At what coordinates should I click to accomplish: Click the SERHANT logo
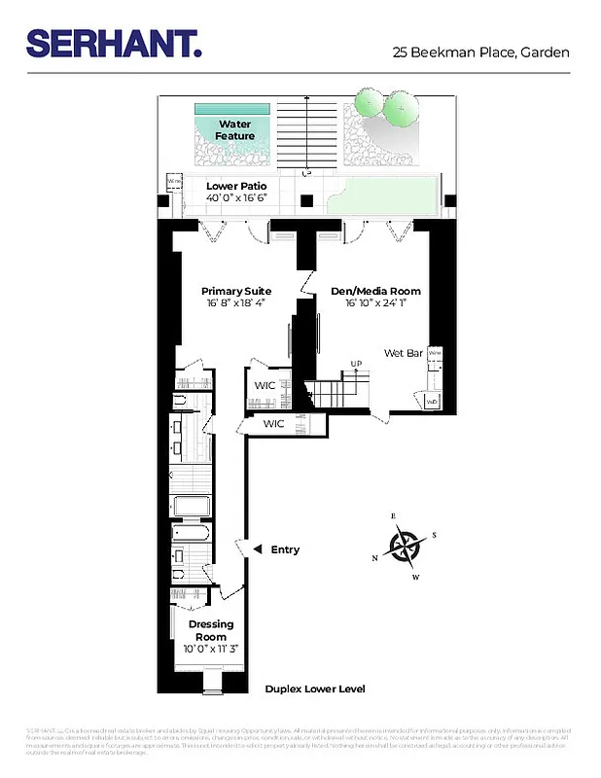point(114,43)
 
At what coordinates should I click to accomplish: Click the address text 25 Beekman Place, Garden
point(480,53)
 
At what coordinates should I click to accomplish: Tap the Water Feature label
point(234,130)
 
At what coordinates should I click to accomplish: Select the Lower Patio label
point(235,185)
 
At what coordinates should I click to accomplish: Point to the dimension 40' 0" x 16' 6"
point(235,197)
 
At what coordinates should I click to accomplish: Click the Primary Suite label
point(236,291)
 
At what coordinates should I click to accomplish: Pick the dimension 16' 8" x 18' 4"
point(236,303)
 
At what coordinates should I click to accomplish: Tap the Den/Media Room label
point(375,291)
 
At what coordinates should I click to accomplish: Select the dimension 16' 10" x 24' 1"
point(375,303)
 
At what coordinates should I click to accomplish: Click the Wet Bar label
point(403,353)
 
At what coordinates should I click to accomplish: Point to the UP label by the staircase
point(356,365)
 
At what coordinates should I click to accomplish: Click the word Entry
point(285,550)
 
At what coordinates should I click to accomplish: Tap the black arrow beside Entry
point(257,550)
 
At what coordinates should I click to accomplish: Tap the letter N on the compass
point(375,558)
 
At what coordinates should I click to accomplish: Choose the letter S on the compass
point(434,535)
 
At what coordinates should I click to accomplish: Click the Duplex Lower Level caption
point(315,689)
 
